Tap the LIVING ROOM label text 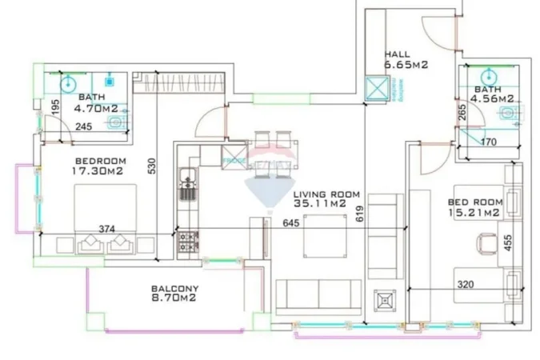[x=326, y=194]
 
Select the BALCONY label [x=175, y=288]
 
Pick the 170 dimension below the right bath [x=488, y=143]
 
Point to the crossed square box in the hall [x=374, y=89]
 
